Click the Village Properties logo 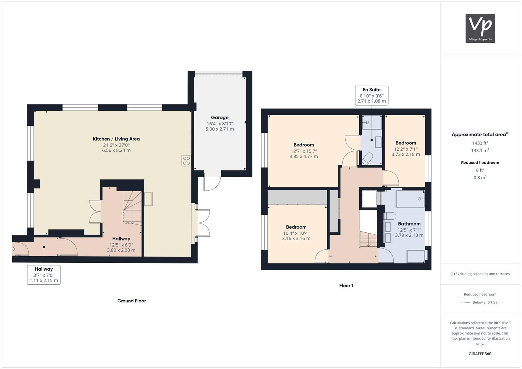(480, 28)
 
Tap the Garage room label (219, 118)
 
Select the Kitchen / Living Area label (116, 139)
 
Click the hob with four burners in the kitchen (186, 161)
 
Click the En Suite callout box (372, 95)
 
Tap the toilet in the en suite (367, 159)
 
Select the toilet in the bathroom (390, 216)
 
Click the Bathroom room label (409, 224)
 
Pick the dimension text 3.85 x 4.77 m (304, 156)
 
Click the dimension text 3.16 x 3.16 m (296, 238)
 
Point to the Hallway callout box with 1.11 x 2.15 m (44, 275)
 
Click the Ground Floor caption (132, 301)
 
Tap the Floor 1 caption (346, 286)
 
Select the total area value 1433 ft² (480, 143)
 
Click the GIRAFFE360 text (480, 354)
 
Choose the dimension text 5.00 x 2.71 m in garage (219, 129)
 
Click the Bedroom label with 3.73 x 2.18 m (406, 143)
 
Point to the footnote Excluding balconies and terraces (480, 274)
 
